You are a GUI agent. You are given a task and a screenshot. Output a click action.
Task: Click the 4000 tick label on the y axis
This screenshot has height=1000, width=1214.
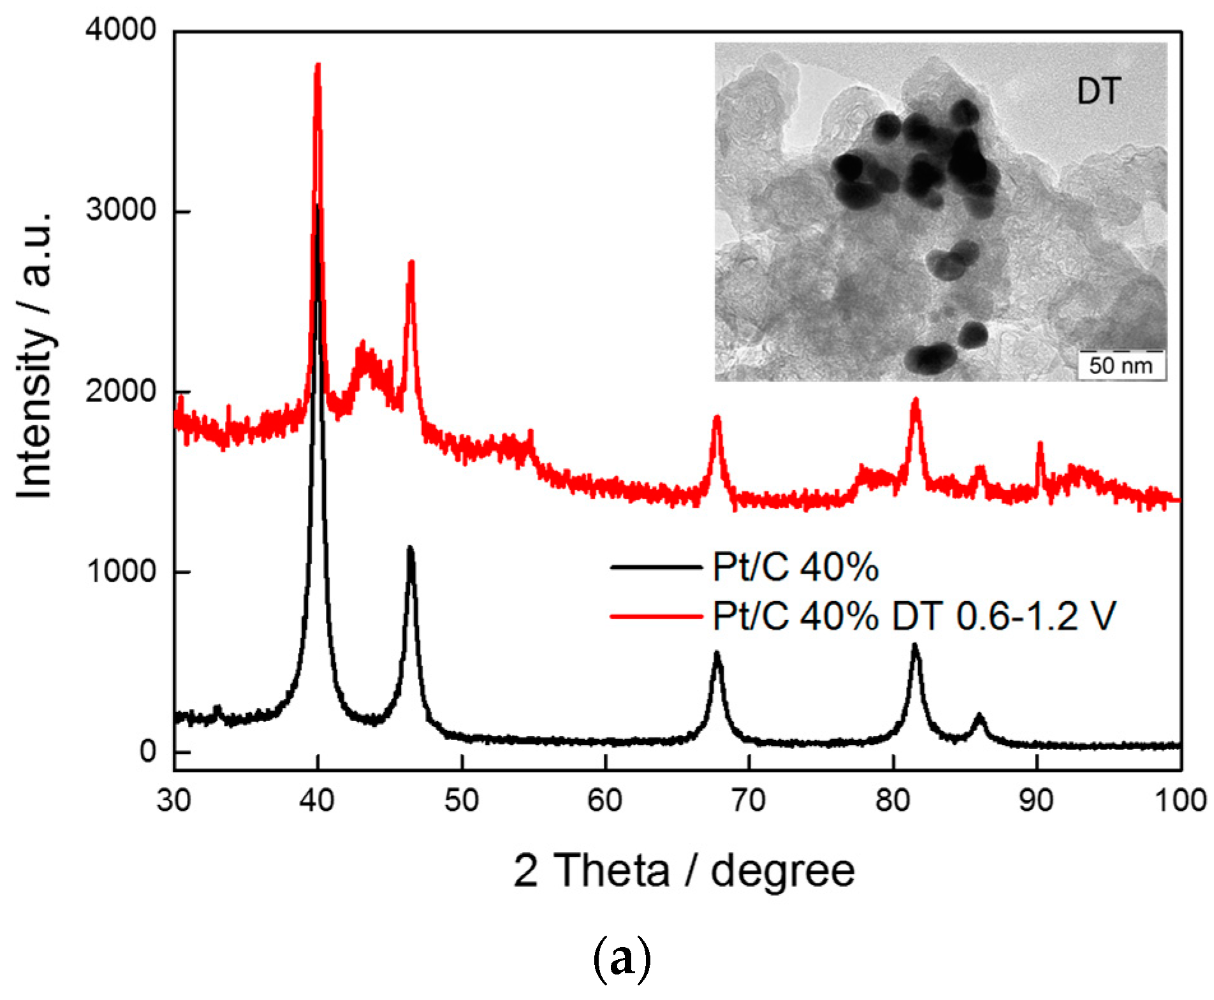point(121,30)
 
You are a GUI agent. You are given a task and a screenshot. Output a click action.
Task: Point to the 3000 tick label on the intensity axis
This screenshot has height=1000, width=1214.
point(121,210)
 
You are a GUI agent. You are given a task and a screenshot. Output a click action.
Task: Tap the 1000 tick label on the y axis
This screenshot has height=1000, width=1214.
point(121,571)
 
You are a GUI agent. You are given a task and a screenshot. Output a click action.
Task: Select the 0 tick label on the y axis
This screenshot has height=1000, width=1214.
point(148,751)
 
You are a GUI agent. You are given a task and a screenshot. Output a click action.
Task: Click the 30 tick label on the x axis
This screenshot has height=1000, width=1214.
point(174,801)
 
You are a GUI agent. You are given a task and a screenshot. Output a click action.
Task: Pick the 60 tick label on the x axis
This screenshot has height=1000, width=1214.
point(605,801)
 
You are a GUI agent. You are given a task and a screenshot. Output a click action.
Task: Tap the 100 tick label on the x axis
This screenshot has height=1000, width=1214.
point(1180,801)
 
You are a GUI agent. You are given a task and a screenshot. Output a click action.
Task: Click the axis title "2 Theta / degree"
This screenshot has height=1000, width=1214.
point(684,871)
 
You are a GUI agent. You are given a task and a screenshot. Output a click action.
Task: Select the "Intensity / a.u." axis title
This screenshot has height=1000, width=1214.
point(35,354)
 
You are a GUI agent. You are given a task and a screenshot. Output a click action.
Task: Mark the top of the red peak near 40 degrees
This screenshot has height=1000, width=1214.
point(318,66)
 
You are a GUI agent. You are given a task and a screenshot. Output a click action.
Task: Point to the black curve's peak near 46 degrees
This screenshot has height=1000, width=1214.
point(410,549)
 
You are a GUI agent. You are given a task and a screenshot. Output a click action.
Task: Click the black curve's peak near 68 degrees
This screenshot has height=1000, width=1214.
point(717,654)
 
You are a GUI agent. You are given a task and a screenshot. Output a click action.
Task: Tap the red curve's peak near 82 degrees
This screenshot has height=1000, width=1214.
point(916,400)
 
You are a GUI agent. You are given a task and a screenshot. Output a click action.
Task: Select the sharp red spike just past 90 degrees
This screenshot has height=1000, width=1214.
point(1040,444)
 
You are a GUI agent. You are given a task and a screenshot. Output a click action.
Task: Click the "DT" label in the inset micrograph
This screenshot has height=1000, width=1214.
point(1098,92)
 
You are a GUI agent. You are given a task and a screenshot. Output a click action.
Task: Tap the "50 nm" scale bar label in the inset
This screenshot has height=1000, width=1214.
point(1121,366)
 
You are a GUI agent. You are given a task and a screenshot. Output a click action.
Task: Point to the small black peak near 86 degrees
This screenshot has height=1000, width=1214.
point(979,716)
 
